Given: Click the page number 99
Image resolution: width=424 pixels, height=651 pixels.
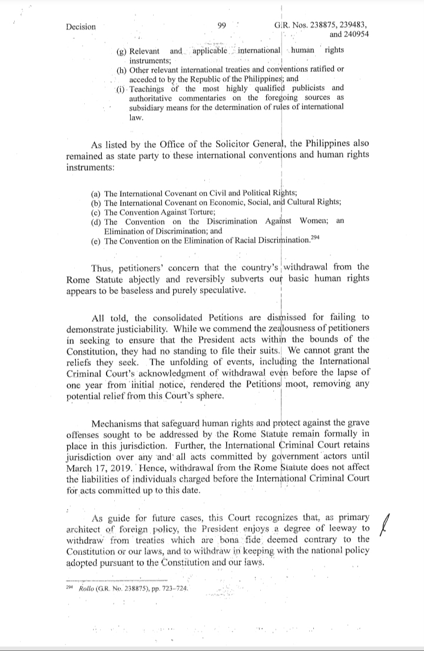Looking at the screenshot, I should [x=222, y=25].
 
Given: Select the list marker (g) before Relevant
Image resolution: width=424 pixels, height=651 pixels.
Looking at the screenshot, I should [x=122, y=51].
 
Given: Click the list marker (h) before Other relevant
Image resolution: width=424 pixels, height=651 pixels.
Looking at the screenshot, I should [x=122, y=70].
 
